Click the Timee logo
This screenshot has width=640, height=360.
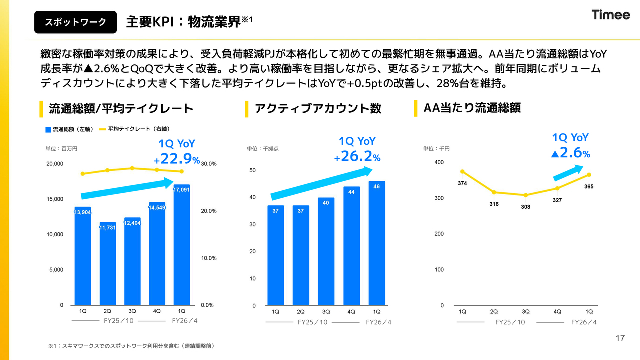[611, 15]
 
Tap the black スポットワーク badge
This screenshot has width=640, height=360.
[75, 22]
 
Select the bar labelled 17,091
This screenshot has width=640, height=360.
[181, 245]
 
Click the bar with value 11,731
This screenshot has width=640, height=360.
[108, 263]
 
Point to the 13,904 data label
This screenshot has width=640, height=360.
[82, 212]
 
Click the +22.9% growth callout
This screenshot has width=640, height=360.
[177, 152]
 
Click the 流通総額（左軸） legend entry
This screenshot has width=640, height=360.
[69, 129]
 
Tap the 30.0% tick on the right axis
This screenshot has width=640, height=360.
[208, 164]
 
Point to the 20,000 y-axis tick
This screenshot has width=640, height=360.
[54, 164]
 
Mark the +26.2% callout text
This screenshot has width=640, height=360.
[357, 149]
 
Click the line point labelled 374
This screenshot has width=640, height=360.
[462, 172]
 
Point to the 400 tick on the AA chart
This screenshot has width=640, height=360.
[439, 162]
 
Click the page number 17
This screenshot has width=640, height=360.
[620, 339]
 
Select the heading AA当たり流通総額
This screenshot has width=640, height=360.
[472, 108]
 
